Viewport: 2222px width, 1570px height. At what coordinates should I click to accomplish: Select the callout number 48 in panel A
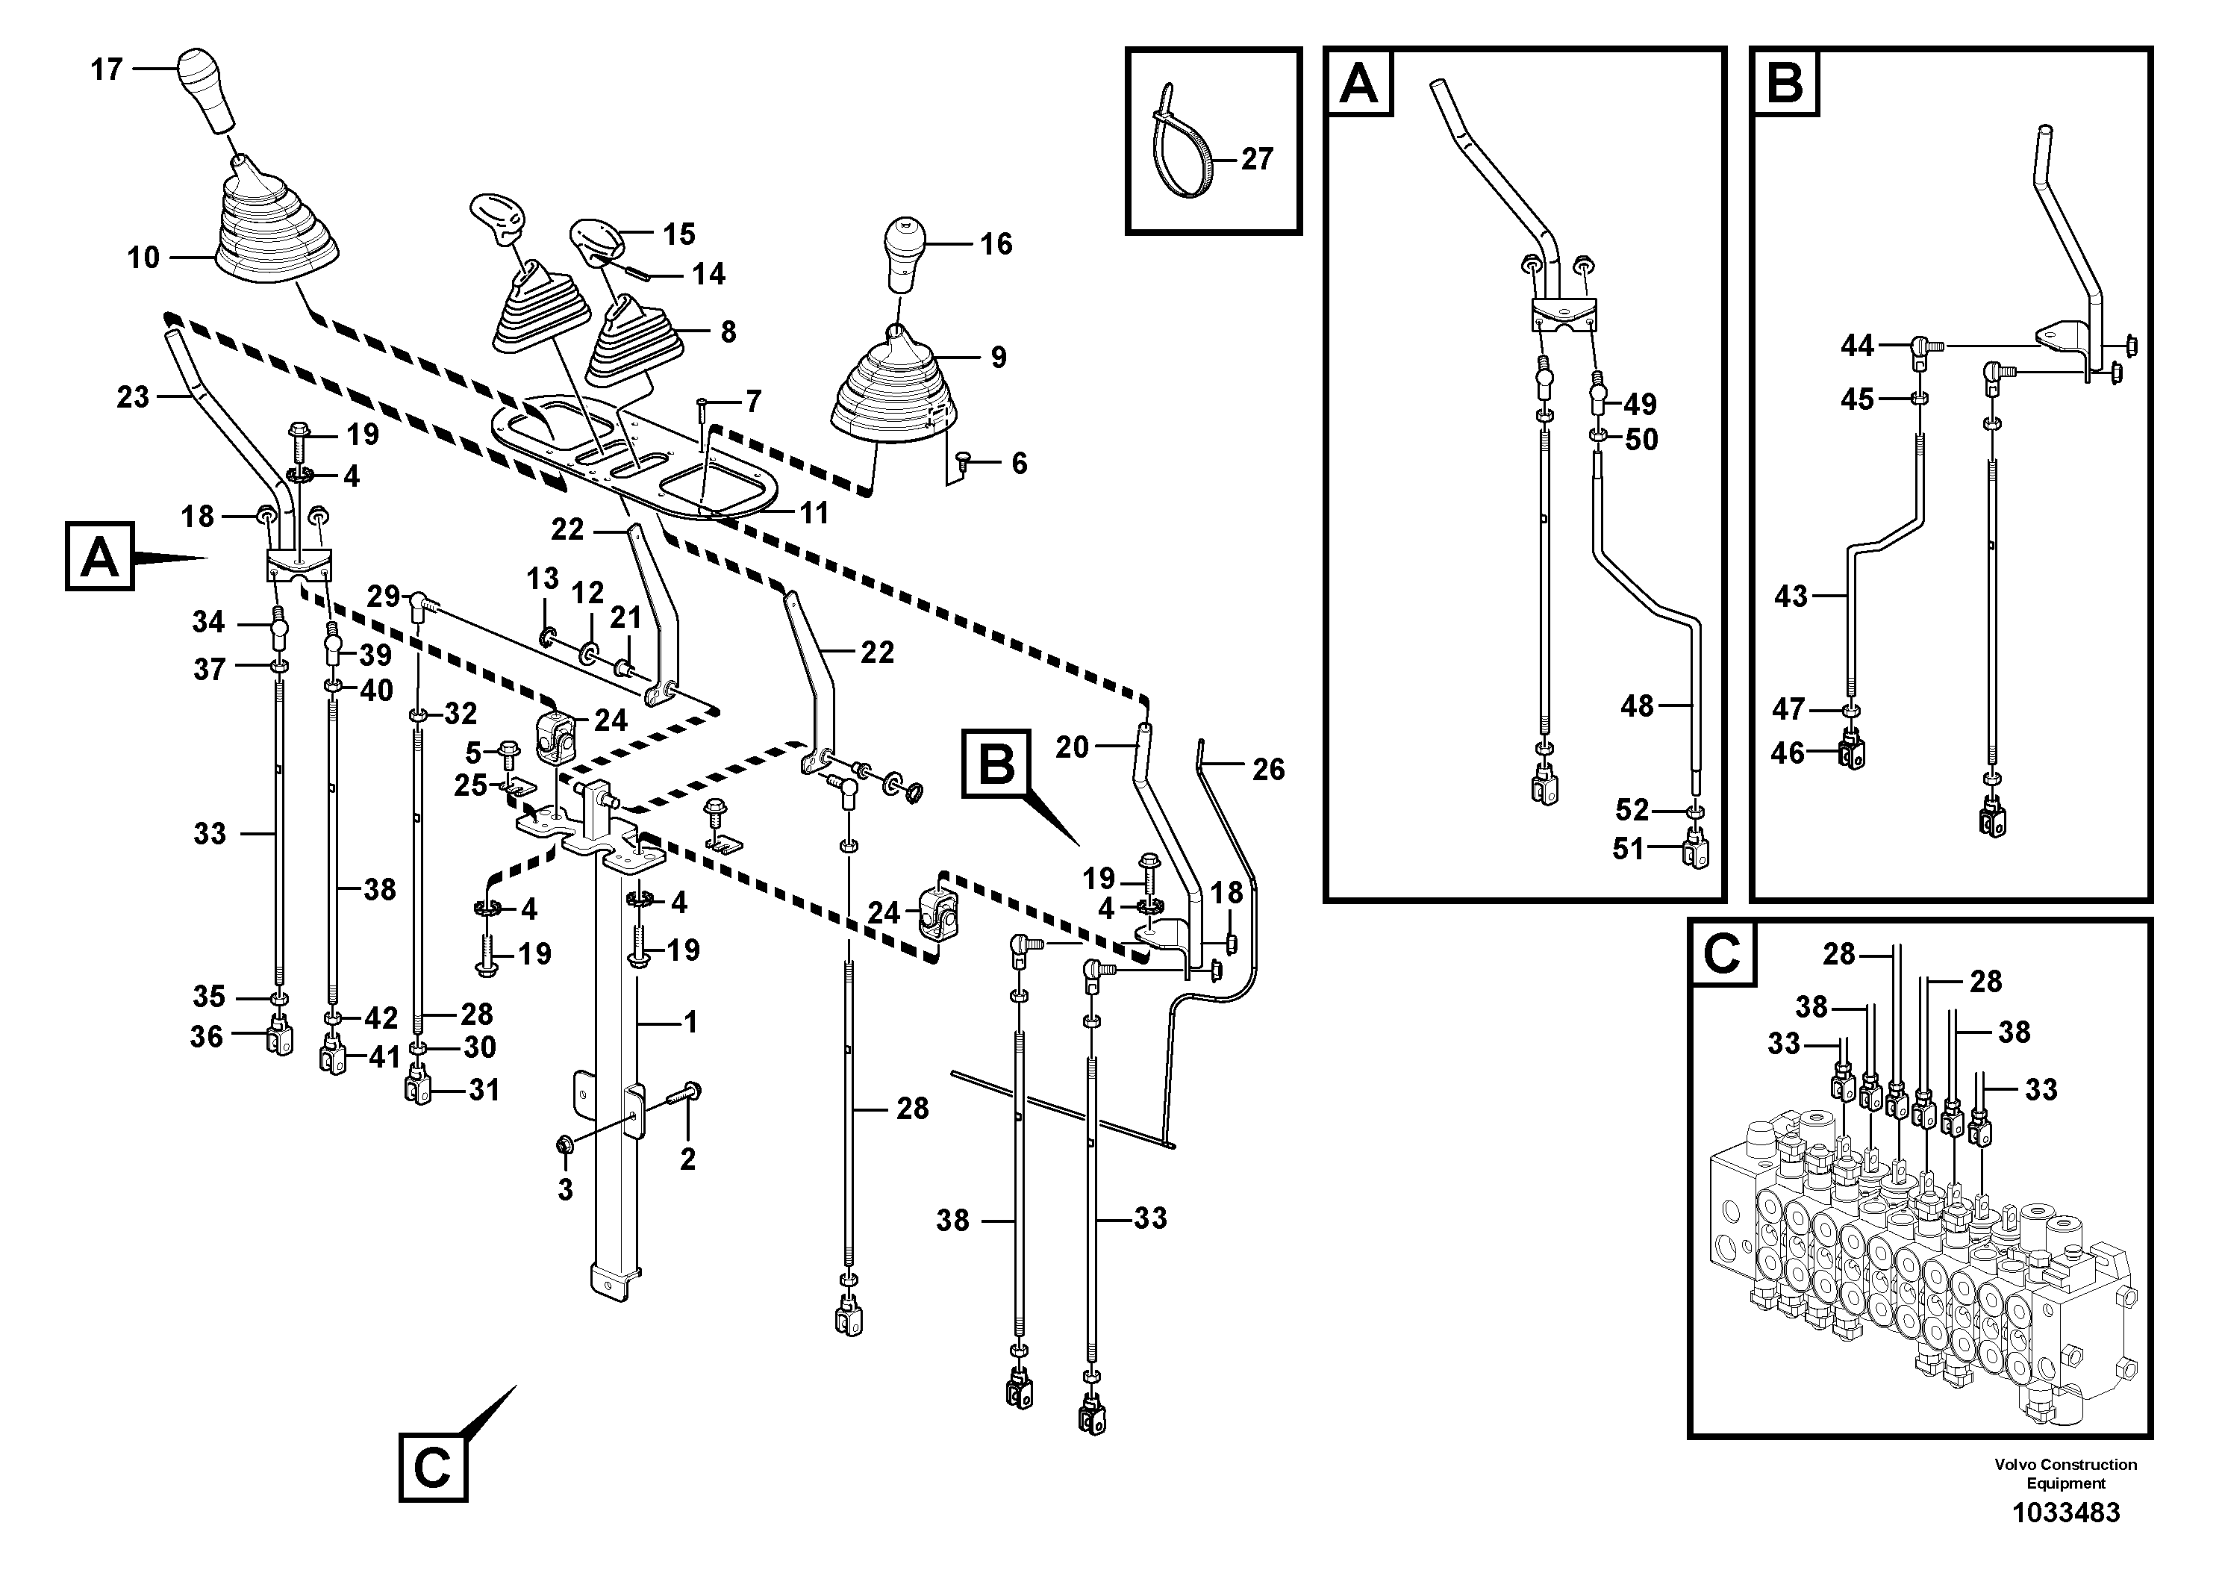pyautogui.click(x=1637, y=706)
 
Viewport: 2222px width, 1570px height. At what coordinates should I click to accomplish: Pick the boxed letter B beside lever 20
pyautogui.click(x=996, y=764)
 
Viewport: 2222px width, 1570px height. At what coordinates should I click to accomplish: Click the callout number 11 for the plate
pyautogui.click(x=814, y=513)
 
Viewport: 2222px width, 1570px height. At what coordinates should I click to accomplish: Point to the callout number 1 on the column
pyautogui.click(x=690, y=1021)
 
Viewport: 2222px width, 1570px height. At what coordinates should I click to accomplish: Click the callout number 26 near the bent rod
pyautogui.click(x=1268, y=770)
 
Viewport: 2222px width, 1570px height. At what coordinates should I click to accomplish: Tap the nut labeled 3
pyautogui.click(x=564, y=1146)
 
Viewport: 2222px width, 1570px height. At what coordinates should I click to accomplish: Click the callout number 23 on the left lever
pyautogui.click(x=133, y=397)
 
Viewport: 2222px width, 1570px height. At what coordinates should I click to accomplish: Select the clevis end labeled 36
pyautogui.click(x=280, y=1038)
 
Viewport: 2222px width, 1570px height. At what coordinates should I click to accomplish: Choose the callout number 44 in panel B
pyautogui.click(x=1857, y=346)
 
